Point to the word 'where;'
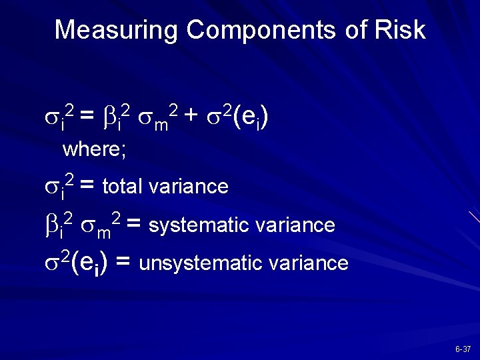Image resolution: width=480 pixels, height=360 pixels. click(x=94, y=149)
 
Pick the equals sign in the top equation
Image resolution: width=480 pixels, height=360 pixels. click(x=87, y=117)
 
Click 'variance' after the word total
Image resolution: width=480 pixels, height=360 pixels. click(x=189, y=187)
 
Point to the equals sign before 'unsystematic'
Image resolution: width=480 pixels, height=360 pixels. click(x=122, y=262)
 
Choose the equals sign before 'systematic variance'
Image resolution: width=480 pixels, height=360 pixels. click(x=133, y=225)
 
